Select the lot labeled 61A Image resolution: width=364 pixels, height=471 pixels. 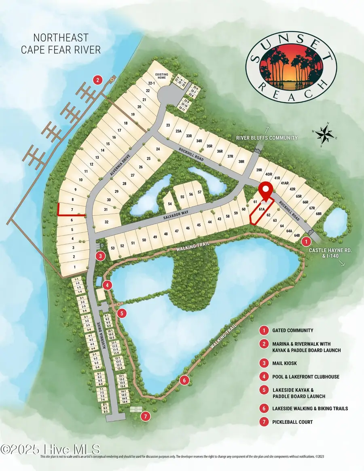(x=261, y=209)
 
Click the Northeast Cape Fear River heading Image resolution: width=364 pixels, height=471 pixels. (x=60, y=43)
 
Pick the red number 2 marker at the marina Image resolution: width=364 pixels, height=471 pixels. (x=97, y=80)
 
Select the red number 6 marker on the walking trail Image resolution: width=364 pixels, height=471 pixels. (x=184, y=380)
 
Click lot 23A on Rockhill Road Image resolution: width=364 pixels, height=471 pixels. (x=178, y=131)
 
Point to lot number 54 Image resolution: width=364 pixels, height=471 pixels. (x=169, y=203)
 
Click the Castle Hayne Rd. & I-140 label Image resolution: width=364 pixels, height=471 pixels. (x=330, y=254)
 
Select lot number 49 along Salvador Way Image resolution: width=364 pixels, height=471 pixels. (x=155, y=237)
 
